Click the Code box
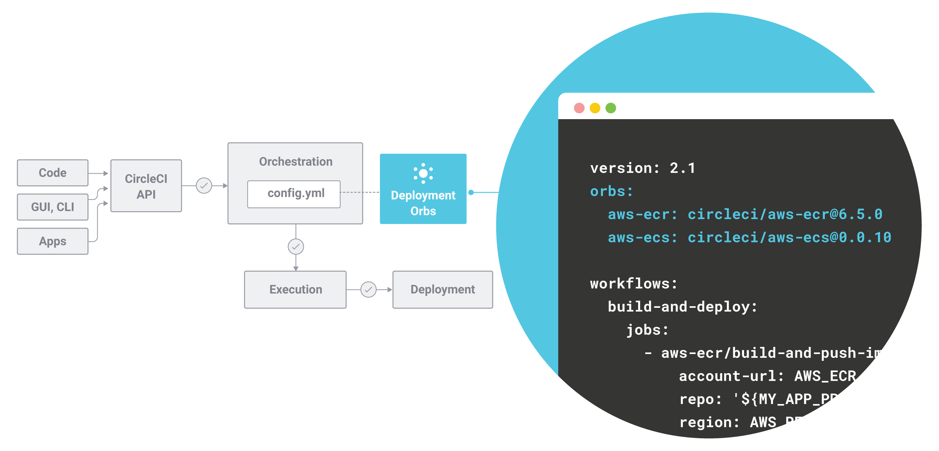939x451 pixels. [53, 173]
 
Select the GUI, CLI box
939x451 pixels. [53, 207]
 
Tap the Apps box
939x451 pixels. [53, 241]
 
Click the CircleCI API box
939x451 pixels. [146, 186]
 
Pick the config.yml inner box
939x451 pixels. [294, 194]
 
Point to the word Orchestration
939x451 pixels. [296, 162]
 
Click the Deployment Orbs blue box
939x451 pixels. [423, 203]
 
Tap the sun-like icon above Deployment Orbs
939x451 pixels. [423, 173]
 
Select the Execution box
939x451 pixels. [295, 289]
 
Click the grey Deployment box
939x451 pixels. [442, 289]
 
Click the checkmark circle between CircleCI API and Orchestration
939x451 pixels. [204, 186]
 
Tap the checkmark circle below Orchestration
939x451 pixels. [296, 247]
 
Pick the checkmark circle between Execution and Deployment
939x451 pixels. [368, 289]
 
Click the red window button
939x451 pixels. [579, 108]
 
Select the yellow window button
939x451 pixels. [595, 108]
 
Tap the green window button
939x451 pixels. [611, 108]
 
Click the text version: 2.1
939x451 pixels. [642, 168]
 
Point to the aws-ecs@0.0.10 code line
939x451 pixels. [749, 238]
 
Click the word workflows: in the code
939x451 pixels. [633, 284]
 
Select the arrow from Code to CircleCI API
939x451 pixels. [98, 173]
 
